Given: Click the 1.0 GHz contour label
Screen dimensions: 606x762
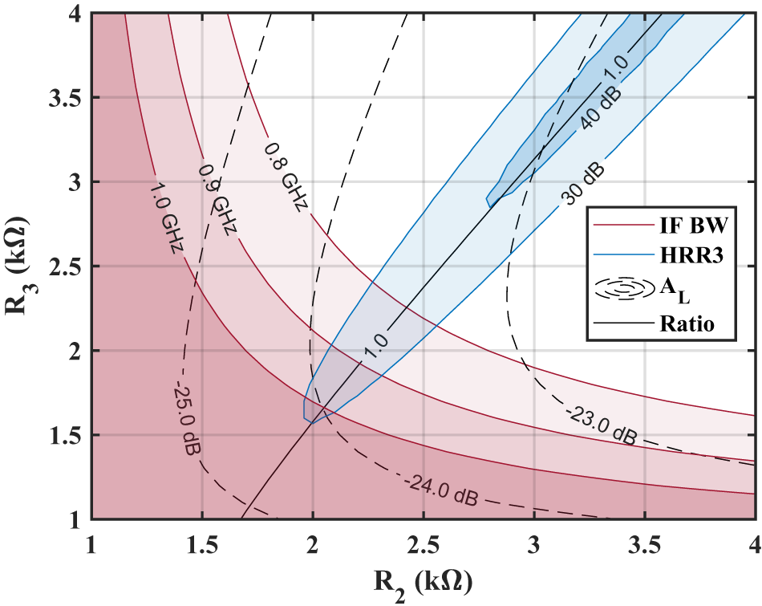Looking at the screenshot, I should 165,216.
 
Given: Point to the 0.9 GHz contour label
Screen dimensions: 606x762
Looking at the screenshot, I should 217,201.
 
